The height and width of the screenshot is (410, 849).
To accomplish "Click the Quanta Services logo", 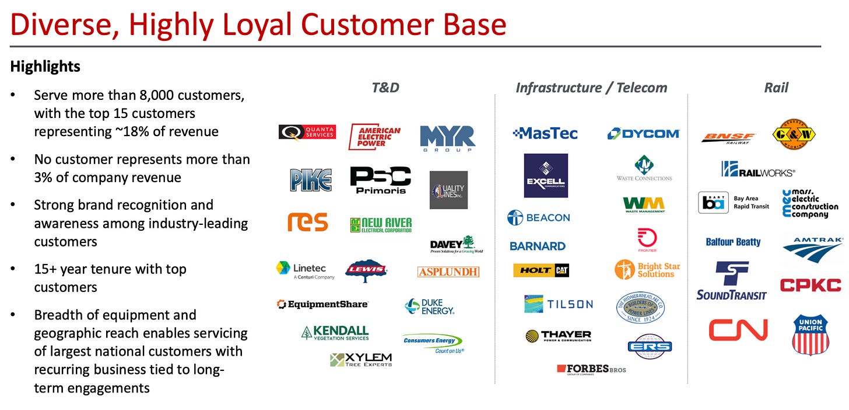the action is click(x=307, y=133).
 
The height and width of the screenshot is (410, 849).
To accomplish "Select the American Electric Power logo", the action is click(x=374, y=137).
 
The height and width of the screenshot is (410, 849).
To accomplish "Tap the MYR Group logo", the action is click(x=447, y=138).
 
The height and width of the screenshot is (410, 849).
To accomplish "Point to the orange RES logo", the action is click(x=307, y=222).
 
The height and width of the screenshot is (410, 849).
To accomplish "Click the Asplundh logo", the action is click(x=448, y=272).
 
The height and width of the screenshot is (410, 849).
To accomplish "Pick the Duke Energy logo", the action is click(x=429, y=307).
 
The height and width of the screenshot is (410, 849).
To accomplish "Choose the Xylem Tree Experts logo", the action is click(x=361, y=359).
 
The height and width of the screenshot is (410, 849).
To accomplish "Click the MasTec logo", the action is click(x=545, y=134).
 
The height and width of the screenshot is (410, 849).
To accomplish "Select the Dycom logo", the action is click(x=643, y=134).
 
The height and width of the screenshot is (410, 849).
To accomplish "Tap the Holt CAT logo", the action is click(x=541, y=270).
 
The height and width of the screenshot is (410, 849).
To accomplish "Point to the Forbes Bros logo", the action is click(x=591, y=369).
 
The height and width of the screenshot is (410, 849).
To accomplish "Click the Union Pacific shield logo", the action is click(x=811, y=334).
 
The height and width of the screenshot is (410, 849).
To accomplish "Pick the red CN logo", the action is click(x=738, y=330).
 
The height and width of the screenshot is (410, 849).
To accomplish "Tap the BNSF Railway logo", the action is click(x=728, y=138).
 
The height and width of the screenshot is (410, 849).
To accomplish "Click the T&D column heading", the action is click(x=385, y=88).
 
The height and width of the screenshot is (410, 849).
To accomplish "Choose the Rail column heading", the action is click(x=776, y=88).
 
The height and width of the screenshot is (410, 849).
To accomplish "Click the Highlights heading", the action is click(x=45, y=67).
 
